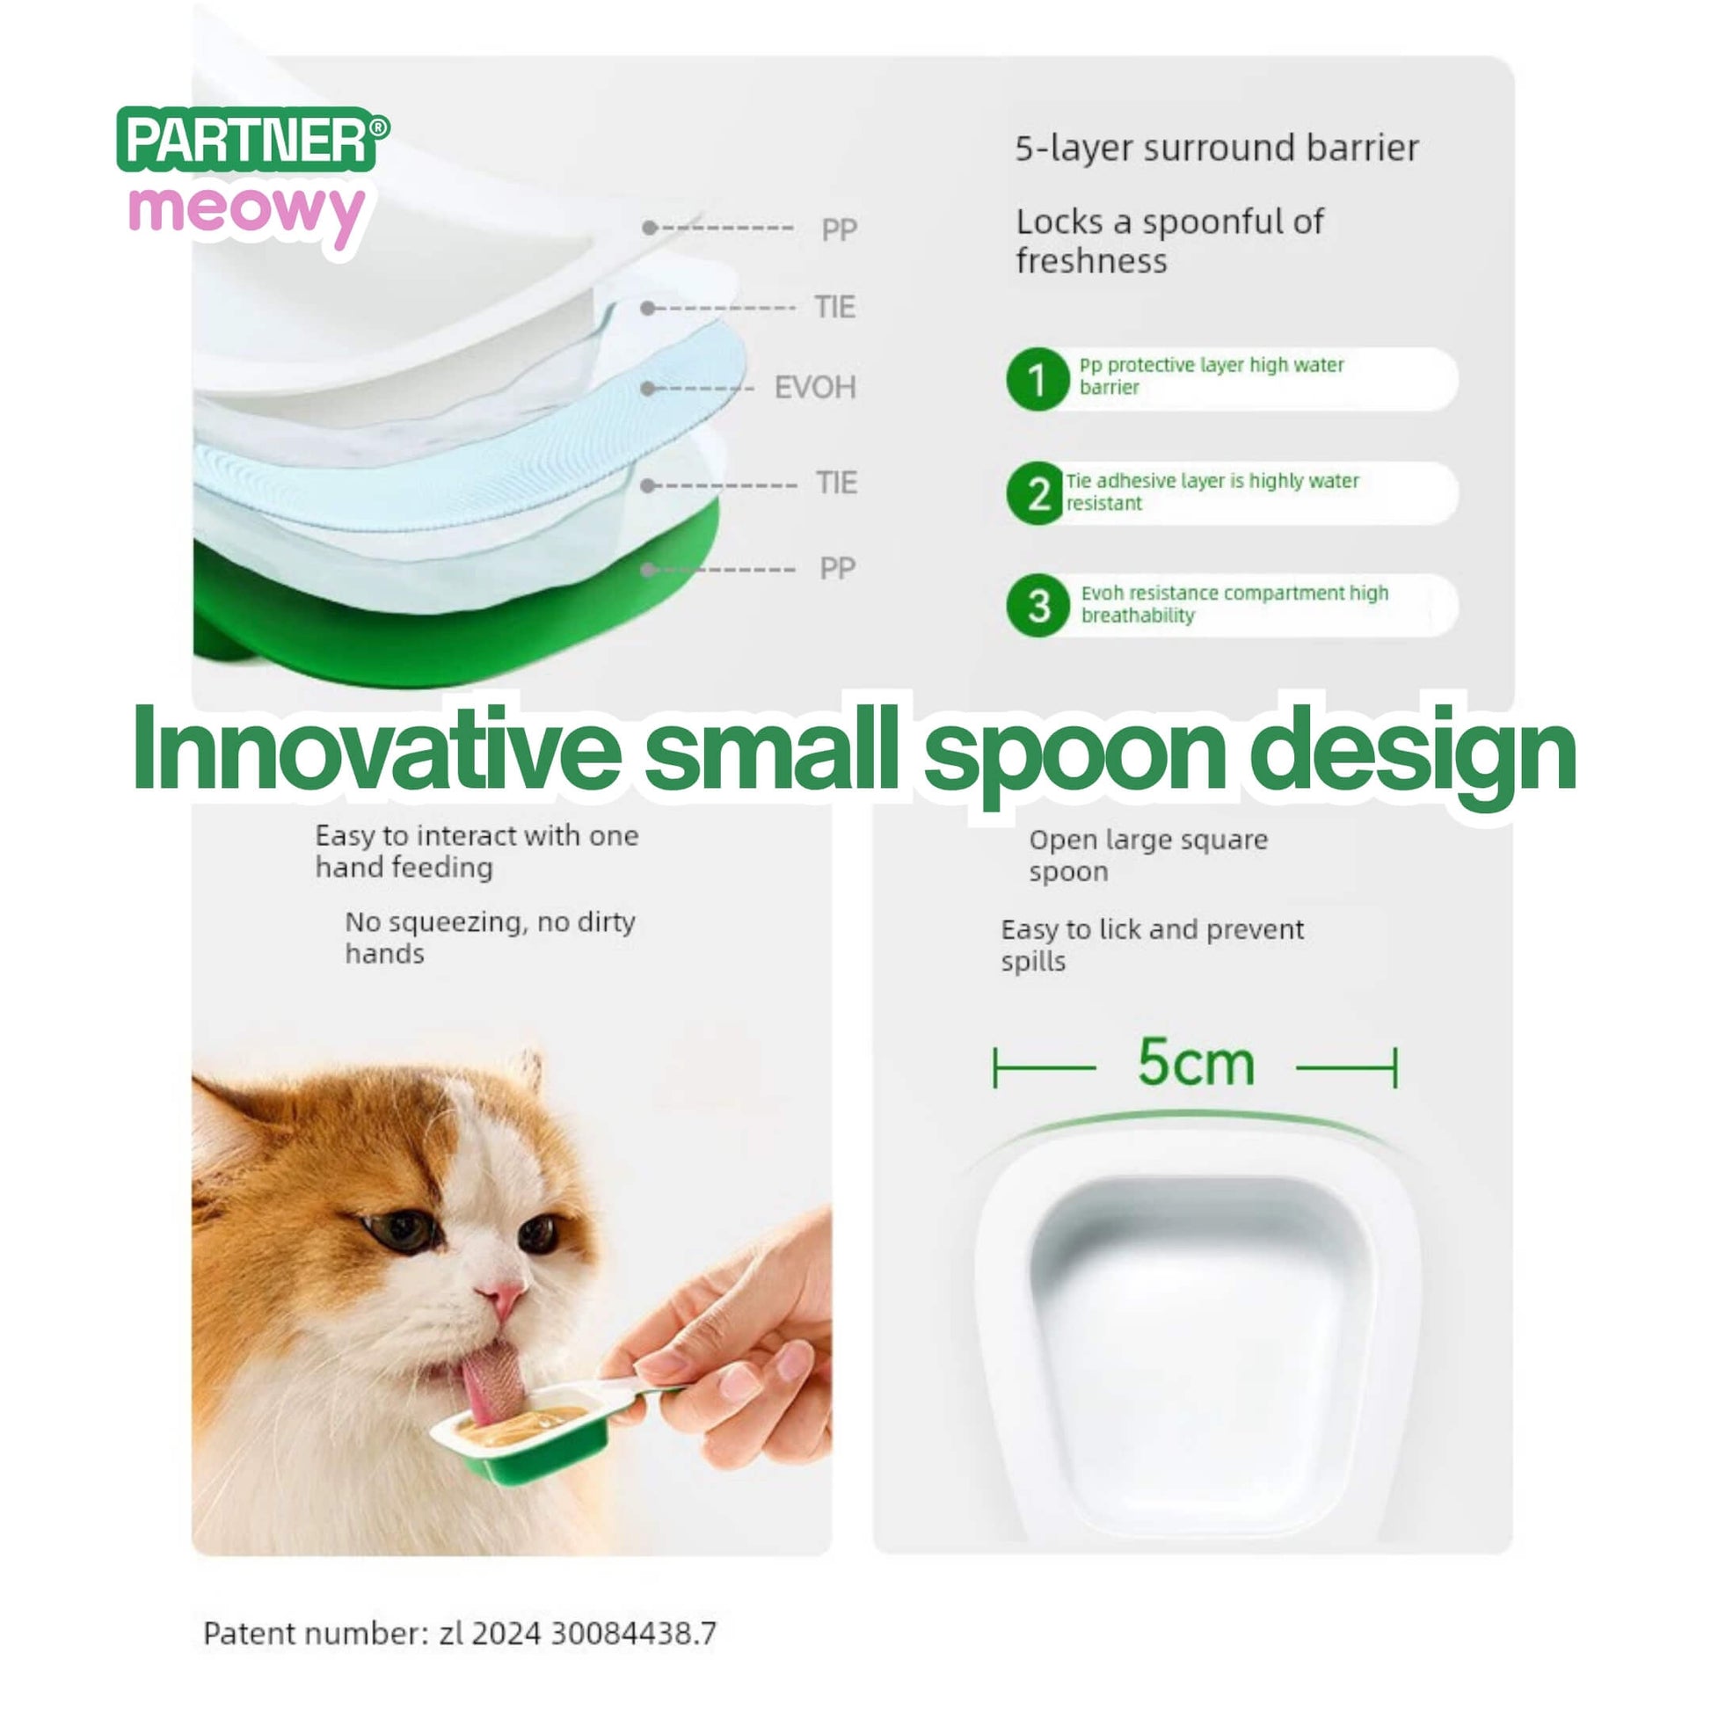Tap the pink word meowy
point(246,213)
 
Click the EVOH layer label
point(815,388)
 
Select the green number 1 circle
point(1038,379)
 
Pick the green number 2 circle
point(1036,493)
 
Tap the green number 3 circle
point(1038,606)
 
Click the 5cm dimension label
point(1196,1062)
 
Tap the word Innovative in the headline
point(376,747)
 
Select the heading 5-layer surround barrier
point(1217,148)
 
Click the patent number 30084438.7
point(633,1632)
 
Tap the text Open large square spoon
point(1147,855)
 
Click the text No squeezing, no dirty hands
point(490,937)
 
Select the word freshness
point(1091,261)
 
